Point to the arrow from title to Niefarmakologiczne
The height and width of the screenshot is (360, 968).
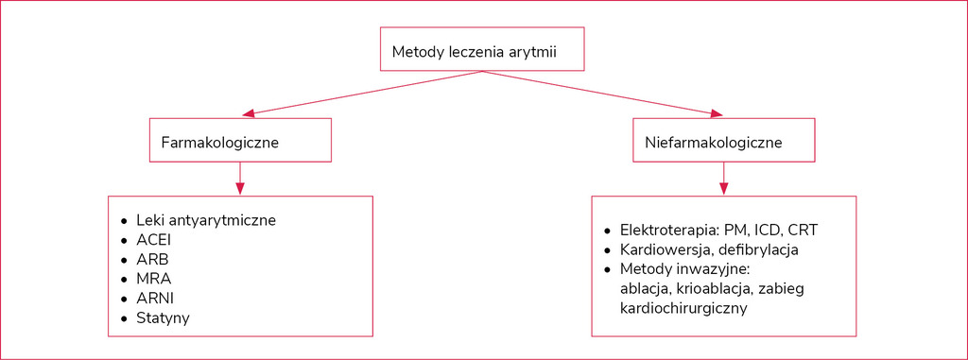point(602,94)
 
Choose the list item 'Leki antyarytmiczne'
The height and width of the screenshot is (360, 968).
point(206,220)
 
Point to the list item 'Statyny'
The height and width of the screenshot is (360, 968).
point(164,318)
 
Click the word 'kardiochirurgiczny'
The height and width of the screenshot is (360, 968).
point(683,308)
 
